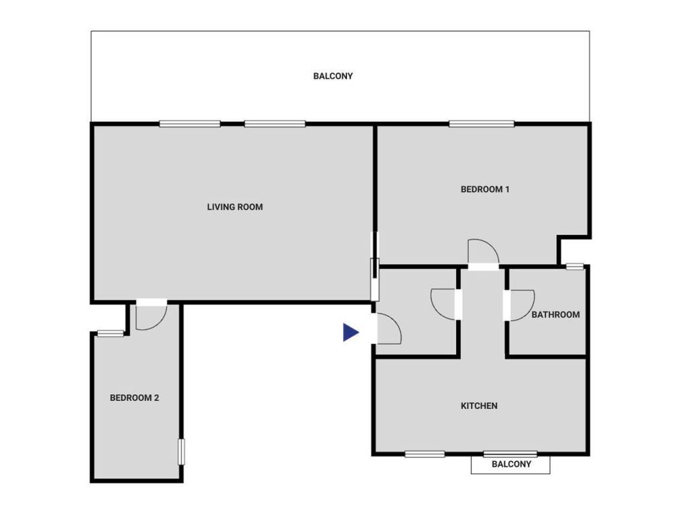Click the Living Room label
234,207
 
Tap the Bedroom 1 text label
485,189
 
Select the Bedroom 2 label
134,398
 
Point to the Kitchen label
479,406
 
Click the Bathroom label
555,315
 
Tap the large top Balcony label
333,76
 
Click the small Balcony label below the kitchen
511,464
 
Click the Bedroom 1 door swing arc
483,251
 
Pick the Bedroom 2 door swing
147,318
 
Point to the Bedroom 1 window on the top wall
481,123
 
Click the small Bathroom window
574,266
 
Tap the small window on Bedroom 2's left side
110,333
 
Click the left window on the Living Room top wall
190,123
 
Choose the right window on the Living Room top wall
275,123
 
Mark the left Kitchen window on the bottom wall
425,454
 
